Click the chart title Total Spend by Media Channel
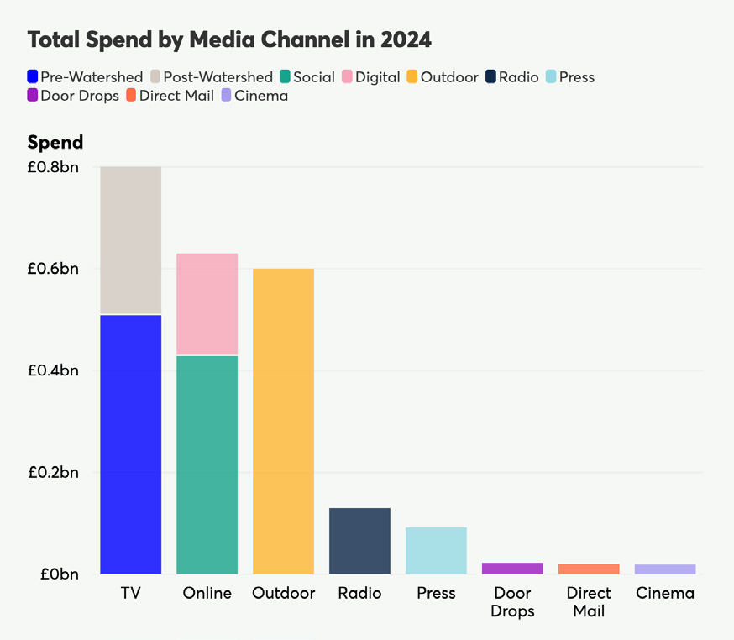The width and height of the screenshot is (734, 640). click(x=229, y=39)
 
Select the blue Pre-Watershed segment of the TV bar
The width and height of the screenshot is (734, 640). click(x=130, y=444)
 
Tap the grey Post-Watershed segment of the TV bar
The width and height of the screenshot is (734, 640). click(x=130, y=240)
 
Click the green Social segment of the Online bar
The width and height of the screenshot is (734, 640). click(x=207, y=464)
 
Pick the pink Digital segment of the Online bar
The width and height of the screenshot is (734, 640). click(x=207, y=304)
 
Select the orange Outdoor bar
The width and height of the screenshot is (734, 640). click(x=283, y=421)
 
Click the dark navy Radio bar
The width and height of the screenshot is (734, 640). click(x=359, y=541)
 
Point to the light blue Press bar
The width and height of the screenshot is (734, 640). click(x=436, y=550)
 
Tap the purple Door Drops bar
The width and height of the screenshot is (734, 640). click(x=512, y=569)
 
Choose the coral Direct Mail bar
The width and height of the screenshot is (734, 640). click(x=589, y=569)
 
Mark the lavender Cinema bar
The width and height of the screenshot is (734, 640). click(x=665, y=569)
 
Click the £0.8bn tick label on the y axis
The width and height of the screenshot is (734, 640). click(x=52, y=167)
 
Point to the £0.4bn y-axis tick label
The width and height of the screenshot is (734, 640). click(x=52, y=370)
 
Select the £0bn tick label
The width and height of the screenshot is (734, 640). click(x=58, y=574)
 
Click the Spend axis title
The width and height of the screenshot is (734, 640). click(x=55, y=142)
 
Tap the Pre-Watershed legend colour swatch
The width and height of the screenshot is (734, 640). click(x=33, y=77)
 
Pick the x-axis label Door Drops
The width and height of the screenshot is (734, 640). click(x=512, y=602)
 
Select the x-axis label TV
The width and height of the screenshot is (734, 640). click(x=130, y=593)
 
